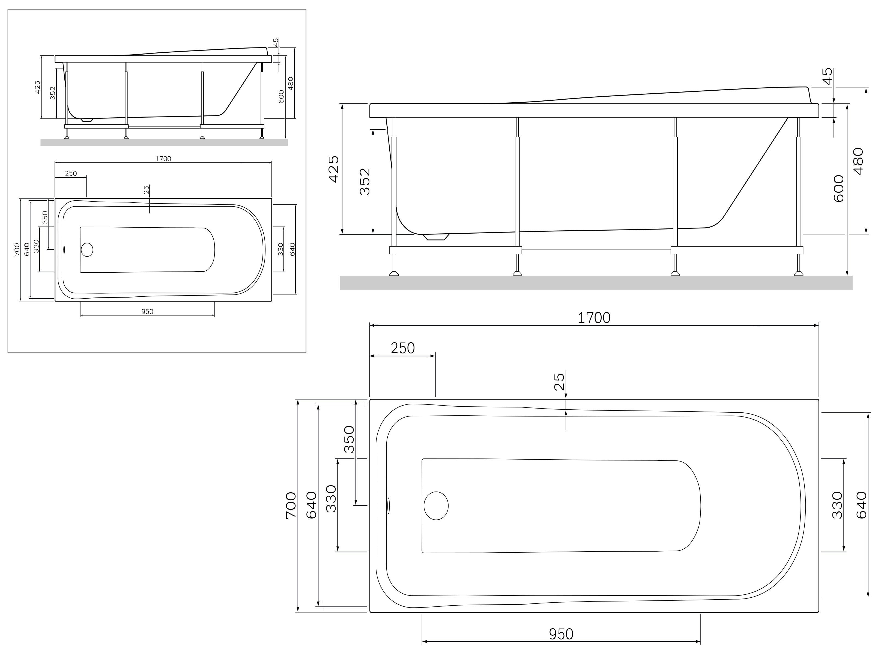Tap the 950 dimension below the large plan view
[x=561, y=634]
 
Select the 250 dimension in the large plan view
[x=403, y=348]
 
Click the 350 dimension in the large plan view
[x=349, y=439]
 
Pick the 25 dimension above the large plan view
[x=559, y=382]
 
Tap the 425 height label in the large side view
[x=333, y=169]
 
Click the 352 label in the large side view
[x=364, y=181]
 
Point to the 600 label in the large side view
[x=838, y=189]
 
